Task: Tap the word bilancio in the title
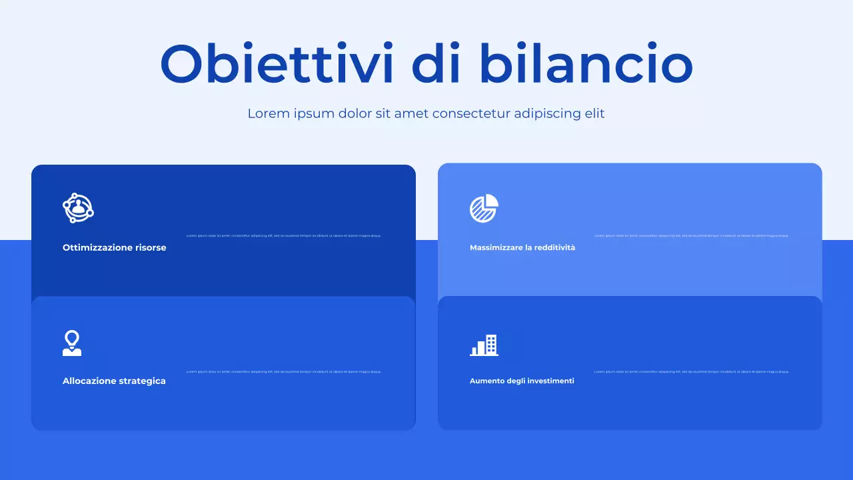(586, 64)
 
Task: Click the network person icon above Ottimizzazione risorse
(78, 208)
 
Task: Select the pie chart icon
(484, 209)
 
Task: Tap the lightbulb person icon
(72, 343)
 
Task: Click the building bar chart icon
(484, 345)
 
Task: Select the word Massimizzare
(496, 247)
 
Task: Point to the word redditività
(554, 247)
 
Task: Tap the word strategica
(142, 381)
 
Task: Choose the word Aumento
(486, 381)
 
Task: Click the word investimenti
(550, 381)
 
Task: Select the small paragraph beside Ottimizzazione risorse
(284, 235)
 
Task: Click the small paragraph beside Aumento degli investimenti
(691, 371)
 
